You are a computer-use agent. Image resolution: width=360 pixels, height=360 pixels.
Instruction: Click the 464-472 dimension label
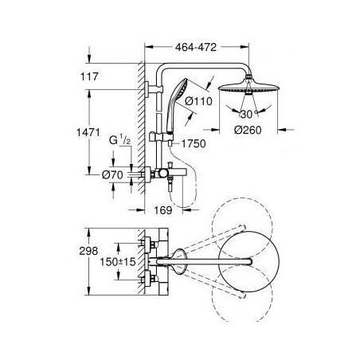click(196, 47)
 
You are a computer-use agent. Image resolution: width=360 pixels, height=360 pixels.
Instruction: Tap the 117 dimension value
click(89, 76)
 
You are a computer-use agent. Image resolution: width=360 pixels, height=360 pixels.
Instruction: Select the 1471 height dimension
click(88, 132)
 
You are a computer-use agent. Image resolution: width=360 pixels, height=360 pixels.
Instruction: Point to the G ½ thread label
click(119, 139)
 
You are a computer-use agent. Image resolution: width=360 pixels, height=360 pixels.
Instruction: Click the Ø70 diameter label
click(112, 174)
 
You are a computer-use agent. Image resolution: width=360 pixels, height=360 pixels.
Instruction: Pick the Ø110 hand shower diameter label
click(198, 101)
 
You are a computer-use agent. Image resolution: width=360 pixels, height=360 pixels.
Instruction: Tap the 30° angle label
click(248, 114)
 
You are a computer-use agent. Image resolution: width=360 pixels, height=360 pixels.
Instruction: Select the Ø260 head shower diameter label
click(248, 130)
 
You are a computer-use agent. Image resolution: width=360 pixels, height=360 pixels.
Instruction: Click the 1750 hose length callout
click(194, 143)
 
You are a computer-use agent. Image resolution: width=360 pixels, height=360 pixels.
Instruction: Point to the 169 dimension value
click(163, 210)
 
